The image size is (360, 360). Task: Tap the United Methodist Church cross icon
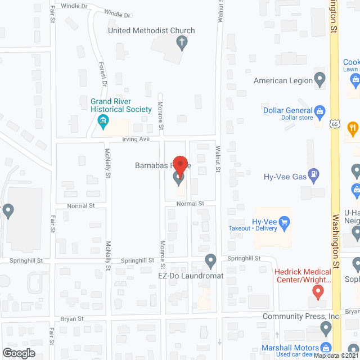point(182,42)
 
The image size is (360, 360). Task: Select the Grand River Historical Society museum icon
point(103,120)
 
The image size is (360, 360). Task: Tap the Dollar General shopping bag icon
point(320,111)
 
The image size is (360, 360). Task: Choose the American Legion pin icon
point(320,80)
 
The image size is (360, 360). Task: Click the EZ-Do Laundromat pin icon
point(211,260)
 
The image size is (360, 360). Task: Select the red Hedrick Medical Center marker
point(318,291)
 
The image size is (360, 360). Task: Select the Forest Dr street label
point(103,74)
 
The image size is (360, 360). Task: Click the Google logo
point(18,353)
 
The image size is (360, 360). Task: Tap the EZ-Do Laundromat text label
point(191,276)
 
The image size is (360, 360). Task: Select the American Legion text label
point(283,80)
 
